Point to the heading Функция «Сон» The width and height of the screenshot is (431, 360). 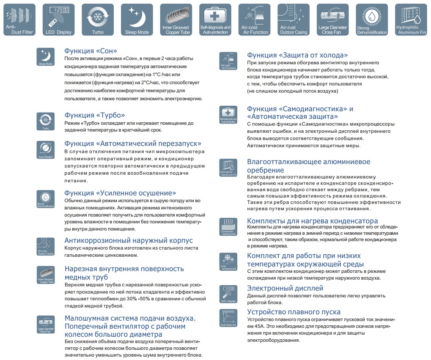pos(91,51)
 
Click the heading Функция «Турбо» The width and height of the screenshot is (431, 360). pos(94,115)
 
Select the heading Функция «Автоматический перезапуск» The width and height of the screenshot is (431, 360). pos(133,143)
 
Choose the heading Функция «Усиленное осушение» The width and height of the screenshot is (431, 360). pos(120,193)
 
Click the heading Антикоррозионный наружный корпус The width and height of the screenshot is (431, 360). pos(129,240)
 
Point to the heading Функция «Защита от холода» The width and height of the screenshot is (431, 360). pos(297,55)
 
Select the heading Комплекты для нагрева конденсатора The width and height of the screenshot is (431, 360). pos(312,221)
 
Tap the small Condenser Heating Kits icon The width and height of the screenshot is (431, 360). pos(228,227)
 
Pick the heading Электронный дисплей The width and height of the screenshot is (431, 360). pos(285,288)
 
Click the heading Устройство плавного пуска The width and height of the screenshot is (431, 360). pos(294,312)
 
